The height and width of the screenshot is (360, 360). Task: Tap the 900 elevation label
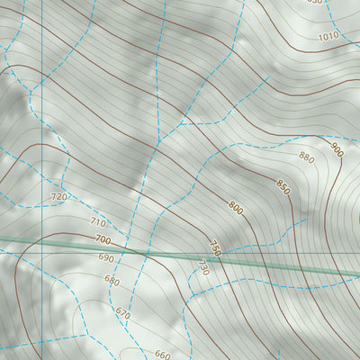(337, 149)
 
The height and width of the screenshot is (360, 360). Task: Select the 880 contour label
(306, 158)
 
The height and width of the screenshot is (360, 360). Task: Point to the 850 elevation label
(283, 188)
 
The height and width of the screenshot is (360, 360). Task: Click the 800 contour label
(236, 209)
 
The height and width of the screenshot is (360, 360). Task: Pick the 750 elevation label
(214, 247)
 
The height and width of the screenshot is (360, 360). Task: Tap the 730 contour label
(203, 268)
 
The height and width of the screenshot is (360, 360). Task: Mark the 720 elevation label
(59, 196)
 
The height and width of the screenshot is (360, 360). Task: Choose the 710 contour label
(98, 223)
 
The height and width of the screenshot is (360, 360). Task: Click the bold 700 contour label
(102, 240)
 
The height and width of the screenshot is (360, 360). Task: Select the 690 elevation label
(106, 258)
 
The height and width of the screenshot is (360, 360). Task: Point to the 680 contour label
(112, 281)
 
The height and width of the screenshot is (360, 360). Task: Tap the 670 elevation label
(122, 314)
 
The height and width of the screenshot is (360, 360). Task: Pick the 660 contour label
(163, 355)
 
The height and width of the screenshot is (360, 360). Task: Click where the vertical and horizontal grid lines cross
(41, 253)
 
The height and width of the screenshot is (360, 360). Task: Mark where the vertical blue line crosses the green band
(41, 241)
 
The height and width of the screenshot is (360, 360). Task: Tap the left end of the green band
(0, 238)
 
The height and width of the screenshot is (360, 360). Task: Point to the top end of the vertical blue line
(41, 0)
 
